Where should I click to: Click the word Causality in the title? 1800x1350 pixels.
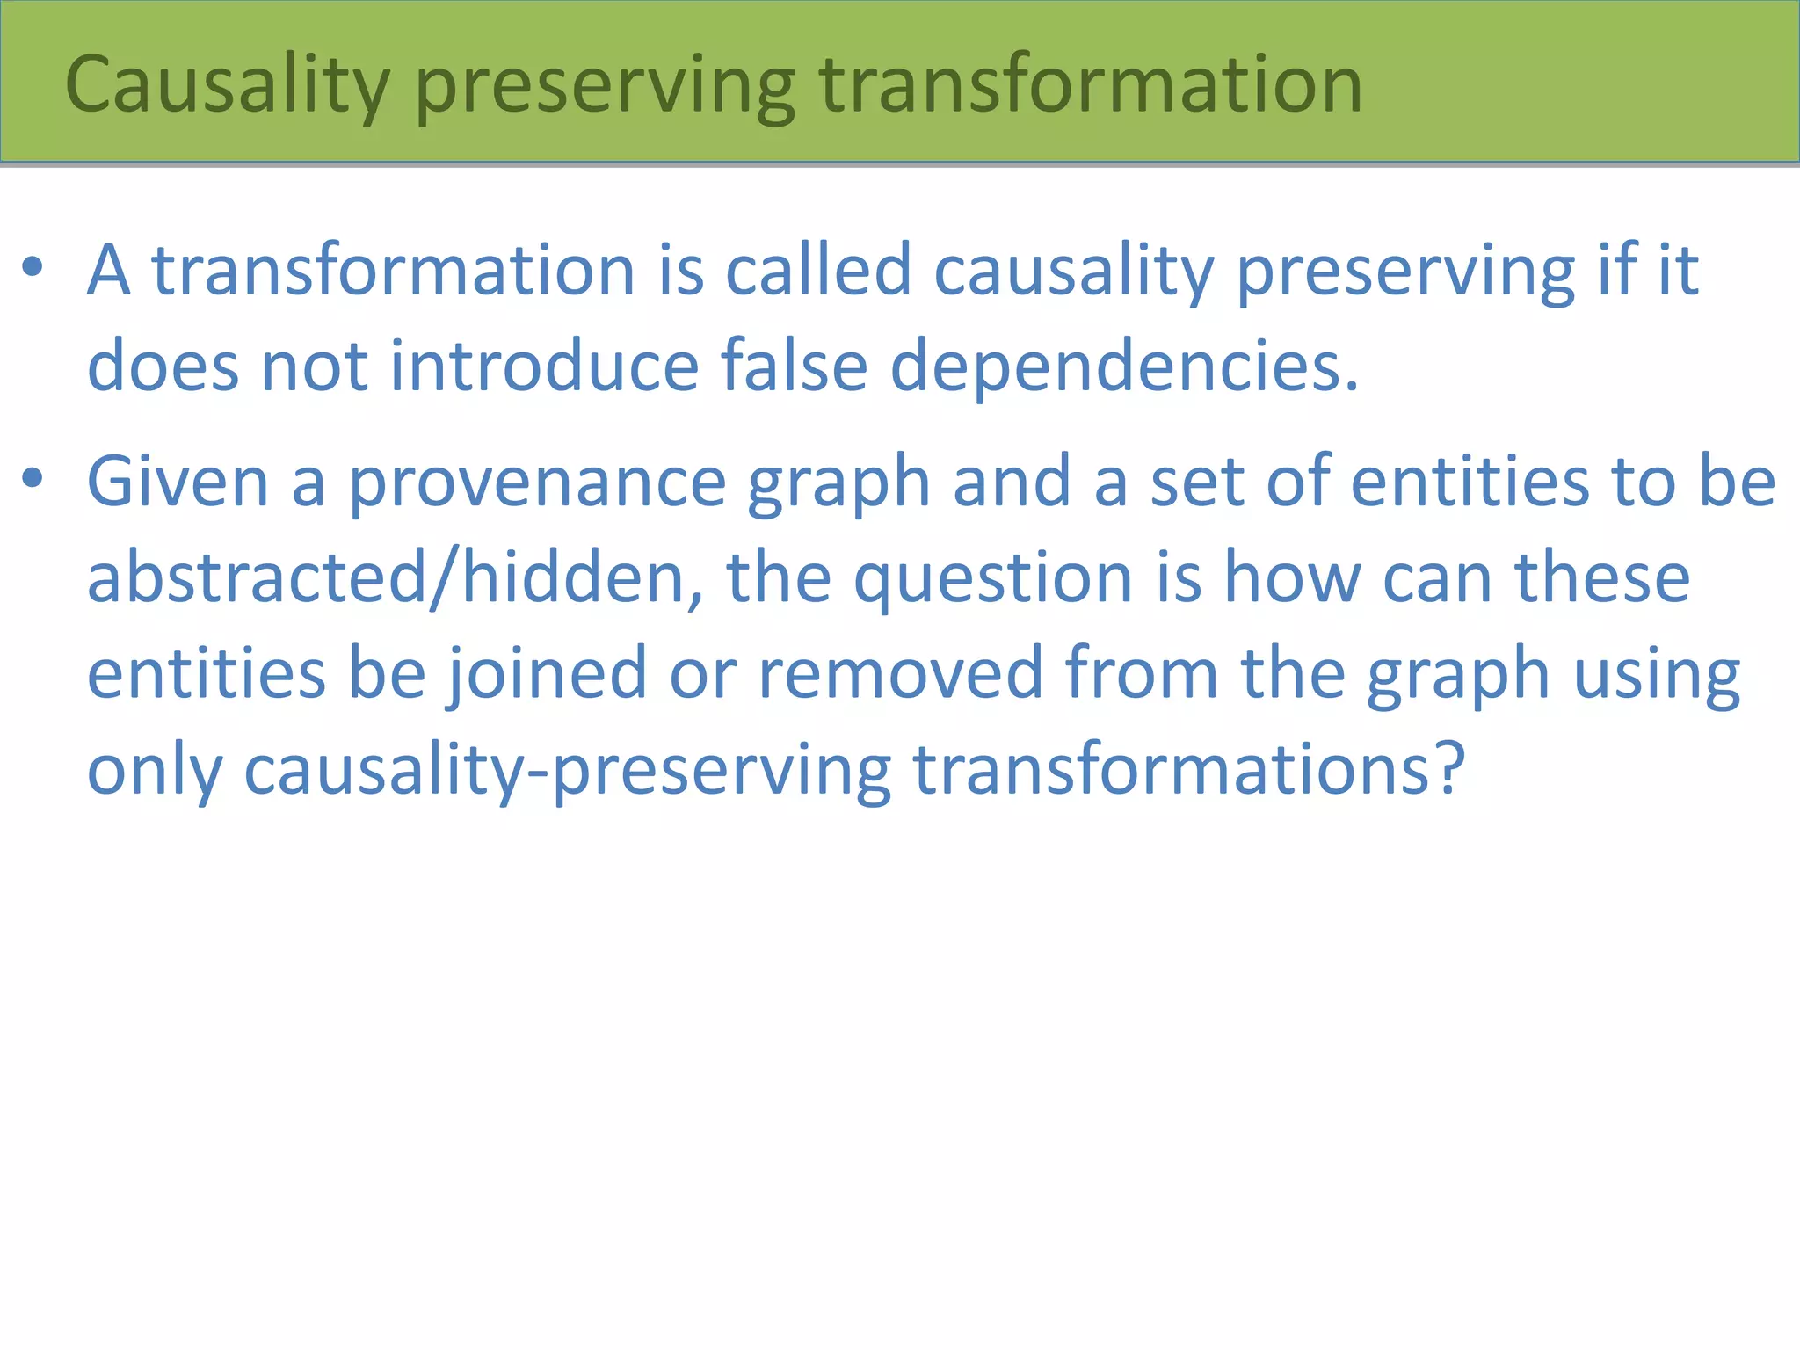tap(227, 85)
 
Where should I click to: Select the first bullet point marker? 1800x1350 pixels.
tap(33, 267)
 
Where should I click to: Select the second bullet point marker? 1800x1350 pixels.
tap(33, 479)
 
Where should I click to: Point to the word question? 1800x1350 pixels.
tap(992, 580)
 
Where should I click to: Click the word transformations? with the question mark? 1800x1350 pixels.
tap(1189, 769)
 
